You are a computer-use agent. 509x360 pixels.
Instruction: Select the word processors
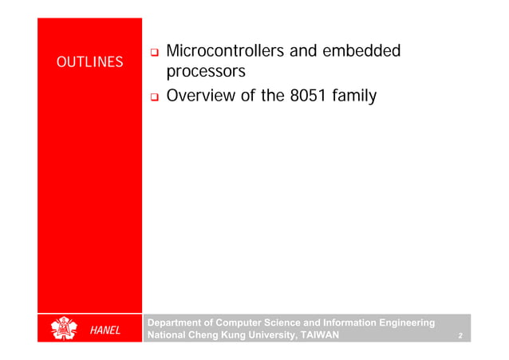click(206, 73)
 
